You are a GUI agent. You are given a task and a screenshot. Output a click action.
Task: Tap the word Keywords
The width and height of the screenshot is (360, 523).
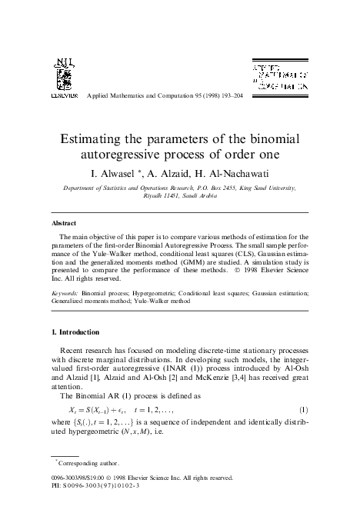[68, 293]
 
